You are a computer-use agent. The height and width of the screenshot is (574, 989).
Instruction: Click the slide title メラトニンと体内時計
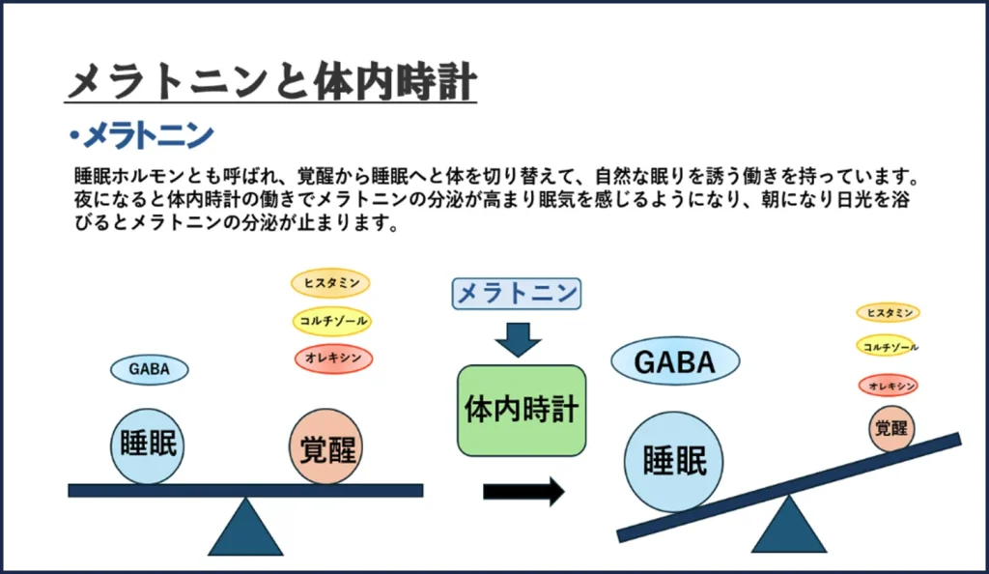pos(270,81)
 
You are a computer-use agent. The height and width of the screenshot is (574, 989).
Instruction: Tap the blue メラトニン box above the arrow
pos(517,292)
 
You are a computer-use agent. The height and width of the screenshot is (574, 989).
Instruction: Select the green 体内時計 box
pos(522,410)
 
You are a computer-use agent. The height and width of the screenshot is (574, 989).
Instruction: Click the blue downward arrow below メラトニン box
pos(518,337)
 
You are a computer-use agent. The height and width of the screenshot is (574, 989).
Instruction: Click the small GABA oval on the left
pos(149,369)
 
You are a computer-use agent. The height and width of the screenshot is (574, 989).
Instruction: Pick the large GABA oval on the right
pos(674,362)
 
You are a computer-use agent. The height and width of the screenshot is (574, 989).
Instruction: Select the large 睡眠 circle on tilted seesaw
pos(675,460)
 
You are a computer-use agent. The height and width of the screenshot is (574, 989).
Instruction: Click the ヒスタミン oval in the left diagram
pos(331,283)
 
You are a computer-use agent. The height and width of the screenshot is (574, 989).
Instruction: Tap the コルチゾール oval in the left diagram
pos(331,321)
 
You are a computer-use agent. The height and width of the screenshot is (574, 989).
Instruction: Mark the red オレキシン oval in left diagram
pos(332,358)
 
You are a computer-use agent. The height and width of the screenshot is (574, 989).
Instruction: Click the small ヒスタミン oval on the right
pos(887,312)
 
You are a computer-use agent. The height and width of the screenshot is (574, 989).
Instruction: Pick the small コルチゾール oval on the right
pos(887,346)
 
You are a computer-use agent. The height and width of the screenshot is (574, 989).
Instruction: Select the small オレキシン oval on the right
pos(888,386)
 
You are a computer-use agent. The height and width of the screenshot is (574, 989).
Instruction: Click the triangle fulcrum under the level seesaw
pos(245,530)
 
